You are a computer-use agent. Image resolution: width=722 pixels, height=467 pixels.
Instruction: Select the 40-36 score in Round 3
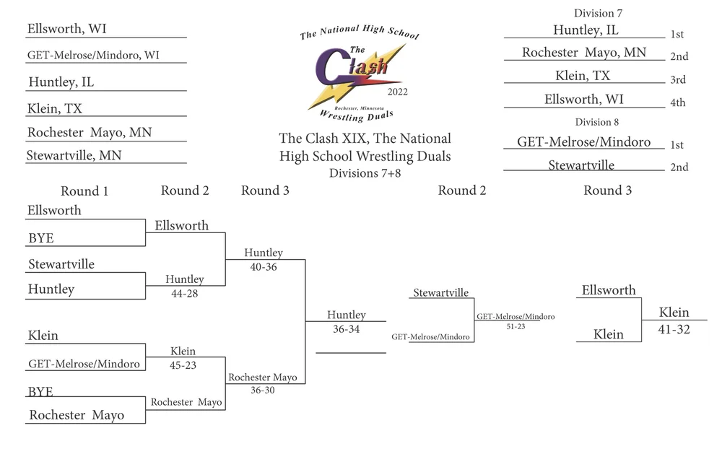click(263, 267)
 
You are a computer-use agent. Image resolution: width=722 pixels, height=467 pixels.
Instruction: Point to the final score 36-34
click(346, 329)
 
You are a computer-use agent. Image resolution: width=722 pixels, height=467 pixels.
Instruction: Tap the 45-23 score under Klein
click(183, 365)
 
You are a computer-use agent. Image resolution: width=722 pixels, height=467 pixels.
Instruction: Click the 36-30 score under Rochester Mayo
click(263, 390)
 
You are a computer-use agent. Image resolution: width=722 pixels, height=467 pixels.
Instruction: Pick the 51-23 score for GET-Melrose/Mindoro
click(516, 326)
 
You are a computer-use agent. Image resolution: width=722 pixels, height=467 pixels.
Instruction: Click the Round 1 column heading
click(84, 191)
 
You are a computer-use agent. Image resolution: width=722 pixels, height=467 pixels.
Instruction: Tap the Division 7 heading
click(598, 13)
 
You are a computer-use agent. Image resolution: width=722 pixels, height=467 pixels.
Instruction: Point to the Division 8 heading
click(597, 122)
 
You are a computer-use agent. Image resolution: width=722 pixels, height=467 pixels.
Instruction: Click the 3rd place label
click(677, 80)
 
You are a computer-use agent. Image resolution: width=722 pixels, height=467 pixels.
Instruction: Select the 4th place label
click(677, 103)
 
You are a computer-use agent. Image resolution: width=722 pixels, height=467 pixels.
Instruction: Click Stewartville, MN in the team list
click(74, 155)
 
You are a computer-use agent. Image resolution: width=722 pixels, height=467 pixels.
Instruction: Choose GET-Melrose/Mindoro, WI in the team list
click(94, 55)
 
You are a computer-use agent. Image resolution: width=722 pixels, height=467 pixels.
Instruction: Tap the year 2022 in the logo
click(398, 92)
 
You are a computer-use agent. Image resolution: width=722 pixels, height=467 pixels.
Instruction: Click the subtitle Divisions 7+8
click(365, 173)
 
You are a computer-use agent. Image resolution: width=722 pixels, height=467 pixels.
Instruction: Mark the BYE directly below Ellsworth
click(41, 238)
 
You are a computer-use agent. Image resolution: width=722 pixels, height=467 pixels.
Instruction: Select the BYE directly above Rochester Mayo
click(41, 391)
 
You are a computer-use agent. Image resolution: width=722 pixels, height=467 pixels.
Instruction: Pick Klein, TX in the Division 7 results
click(583, 76)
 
